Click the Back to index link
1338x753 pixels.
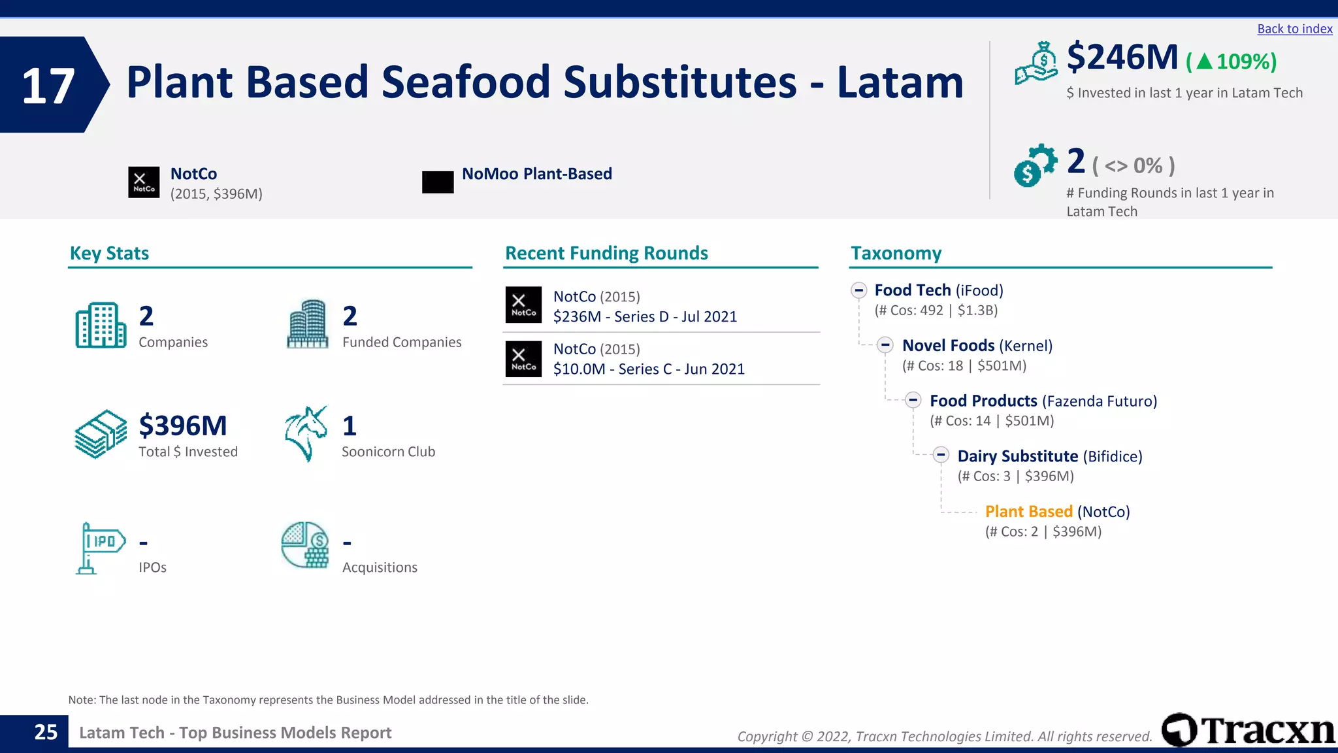point(1294,29)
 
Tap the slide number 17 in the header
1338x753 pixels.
point(48,86)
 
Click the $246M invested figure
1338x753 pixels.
point(1122,58)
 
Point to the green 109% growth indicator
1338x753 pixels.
point(1232,61)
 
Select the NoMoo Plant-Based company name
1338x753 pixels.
point(536,174)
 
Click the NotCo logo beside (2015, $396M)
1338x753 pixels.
point(144,182)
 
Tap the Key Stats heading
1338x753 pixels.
point(109,254)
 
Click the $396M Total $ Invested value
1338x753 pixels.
point(183,426)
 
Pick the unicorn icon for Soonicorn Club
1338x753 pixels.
point(306,433)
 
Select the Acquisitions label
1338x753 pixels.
point(380,567)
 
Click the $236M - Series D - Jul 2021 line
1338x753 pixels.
point(645,317)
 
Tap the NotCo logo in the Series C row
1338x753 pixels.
point(523,359)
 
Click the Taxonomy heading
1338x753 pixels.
point(896,254)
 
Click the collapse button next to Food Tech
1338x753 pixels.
point(858,290)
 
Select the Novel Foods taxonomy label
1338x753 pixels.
point(948,346)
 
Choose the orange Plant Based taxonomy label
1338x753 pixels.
point(1028,512)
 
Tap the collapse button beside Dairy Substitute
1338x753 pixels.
point(941,455)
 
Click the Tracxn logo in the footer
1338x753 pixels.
point(1248,730)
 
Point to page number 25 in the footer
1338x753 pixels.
point(46,732)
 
